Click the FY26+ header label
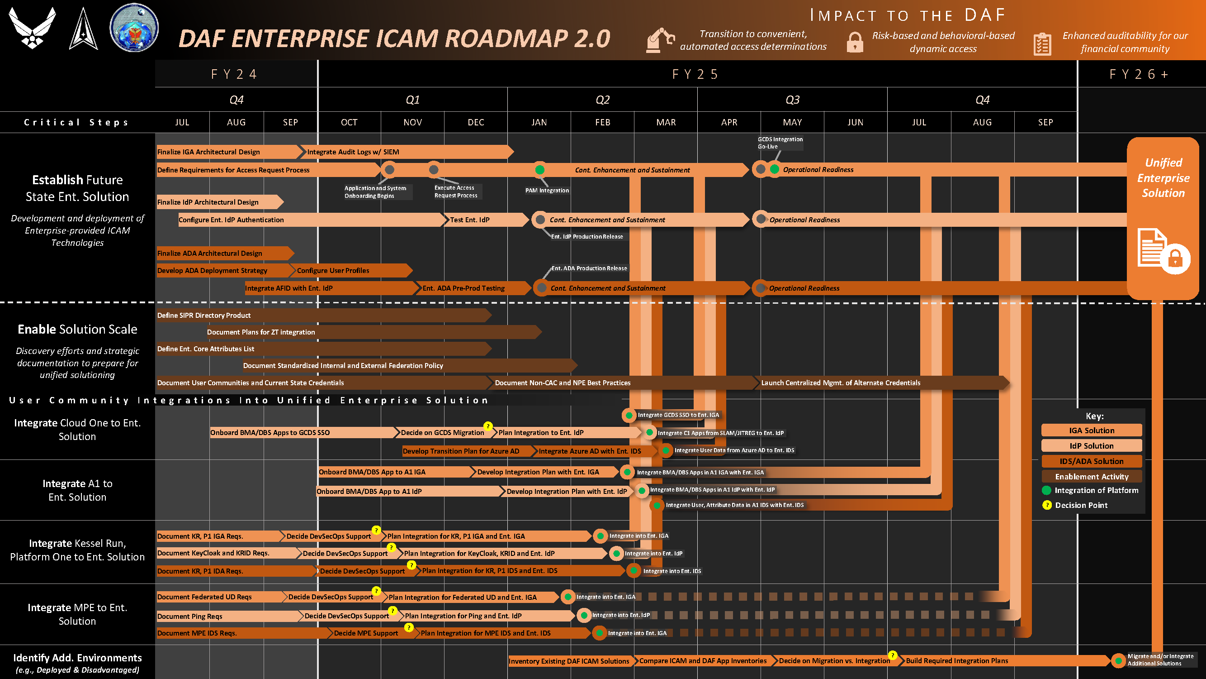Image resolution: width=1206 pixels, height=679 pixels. coord(1139,74)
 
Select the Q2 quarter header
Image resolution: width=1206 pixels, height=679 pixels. coord(602,100)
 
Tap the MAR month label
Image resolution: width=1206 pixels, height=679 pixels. coord(666,122)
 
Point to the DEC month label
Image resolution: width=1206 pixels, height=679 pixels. coord(476,122)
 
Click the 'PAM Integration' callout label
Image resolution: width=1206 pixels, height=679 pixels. coord(547,190)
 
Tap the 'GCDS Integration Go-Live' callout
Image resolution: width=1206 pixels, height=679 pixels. coord(780,143)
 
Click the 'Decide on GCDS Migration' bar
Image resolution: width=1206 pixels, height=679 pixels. coord(442,432)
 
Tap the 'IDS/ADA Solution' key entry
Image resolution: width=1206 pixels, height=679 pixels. coord(1091,461)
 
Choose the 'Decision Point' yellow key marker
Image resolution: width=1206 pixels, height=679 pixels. coord(1047,505)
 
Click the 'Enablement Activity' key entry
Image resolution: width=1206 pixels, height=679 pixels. coord(1091,477)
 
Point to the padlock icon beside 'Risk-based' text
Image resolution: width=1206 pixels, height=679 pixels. coord(855,42)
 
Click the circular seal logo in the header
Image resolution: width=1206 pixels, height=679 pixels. coord(134,28)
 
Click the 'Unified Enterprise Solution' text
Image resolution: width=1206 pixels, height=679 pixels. coord(1163,178)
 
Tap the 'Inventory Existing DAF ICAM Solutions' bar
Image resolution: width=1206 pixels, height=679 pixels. coord(569,661)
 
